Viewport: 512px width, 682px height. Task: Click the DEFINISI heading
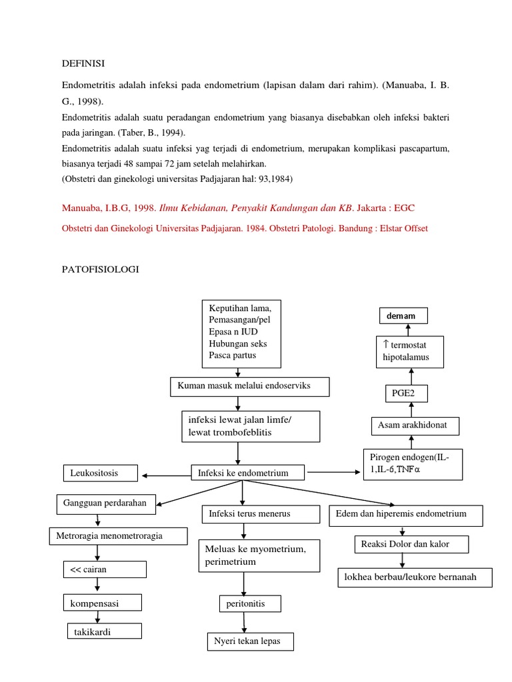pyautogui.click(x=83, y=63)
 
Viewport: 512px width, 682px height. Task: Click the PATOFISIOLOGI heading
pyautogui.click(x=101, y=270)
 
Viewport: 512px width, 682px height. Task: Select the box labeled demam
pyautogui.click(x=404, y=316)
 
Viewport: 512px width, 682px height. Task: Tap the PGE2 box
pyautogui.click(x=406, y=393)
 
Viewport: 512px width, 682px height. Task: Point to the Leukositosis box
pyautogui.click(x=101, y=474)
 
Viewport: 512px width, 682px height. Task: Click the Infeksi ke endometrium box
pyautogui.click(x=248, y=473)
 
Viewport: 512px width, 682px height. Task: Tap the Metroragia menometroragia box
pyautogui.click(x=118, y=535)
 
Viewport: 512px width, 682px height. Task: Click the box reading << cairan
pyautogui.click(x=104, y=570)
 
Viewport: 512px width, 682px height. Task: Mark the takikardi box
pyautogui.click(x=104, y=631)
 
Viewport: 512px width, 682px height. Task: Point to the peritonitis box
pyautogui.click(x=250, y=603)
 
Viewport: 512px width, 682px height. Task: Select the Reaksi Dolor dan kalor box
pyautogui.click(x=411, y=544)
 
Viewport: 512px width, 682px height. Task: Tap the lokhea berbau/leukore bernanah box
pyautogui.click(x=415, y=577)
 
